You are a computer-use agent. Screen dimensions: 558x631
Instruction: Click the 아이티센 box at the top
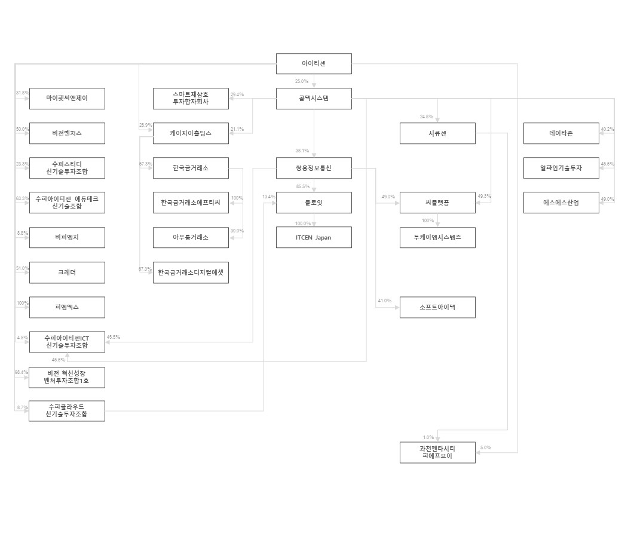coord(314,63)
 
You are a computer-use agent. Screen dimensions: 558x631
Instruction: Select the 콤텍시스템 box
coord(314,99)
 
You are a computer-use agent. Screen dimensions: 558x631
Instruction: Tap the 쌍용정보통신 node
coord(314,168)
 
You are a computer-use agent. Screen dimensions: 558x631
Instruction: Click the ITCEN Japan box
coord(314,237)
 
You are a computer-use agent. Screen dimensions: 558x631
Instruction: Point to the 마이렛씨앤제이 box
coord(67,99)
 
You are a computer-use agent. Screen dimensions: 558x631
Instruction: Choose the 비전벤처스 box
coord(67,133)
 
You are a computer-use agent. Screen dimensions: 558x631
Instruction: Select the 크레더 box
coord(67,272)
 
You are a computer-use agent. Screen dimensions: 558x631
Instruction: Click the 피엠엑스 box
coord(67,307)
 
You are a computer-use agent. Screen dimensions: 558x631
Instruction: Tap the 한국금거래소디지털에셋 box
coord(191,272)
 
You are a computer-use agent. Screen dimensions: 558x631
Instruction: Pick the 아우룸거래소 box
coord(191,237)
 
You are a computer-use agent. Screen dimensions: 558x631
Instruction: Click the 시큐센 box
coord(437,133)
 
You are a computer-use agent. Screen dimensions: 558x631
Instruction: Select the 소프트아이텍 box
coord(437,307)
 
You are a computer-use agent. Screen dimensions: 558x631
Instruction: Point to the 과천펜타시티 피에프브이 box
coord(437,452)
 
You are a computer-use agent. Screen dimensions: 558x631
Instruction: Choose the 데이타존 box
coord(561,133)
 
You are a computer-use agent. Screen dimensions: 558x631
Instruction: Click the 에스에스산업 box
coord(561,203)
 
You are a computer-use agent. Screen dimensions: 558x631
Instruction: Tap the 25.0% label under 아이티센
coord(301,81)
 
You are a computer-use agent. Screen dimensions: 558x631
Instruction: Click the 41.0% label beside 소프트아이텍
coord(384,301)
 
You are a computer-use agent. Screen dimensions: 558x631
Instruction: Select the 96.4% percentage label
coord(22,372)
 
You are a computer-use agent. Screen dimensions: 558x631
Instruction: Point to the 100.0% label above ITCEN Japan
coord(303,223)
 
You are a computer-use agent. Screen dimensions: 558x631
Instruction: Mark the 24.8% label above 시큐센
coord(426,116)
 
